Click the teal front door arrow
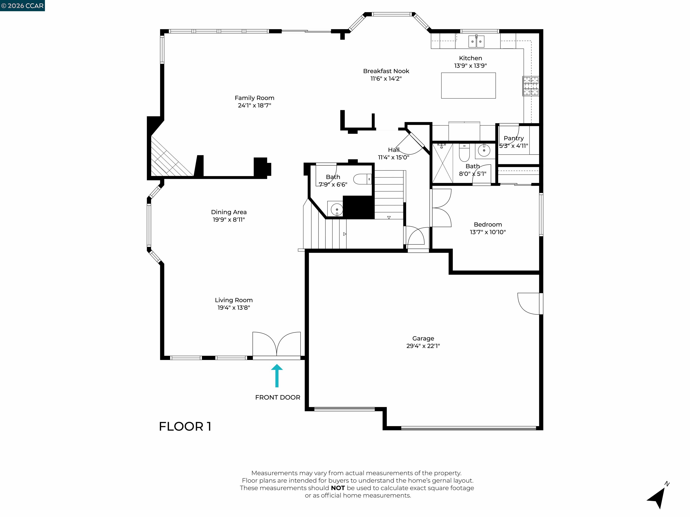pyautogui.click(x=277, y=375)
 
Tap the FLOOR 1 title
pyautogui.click(x=185, y=426)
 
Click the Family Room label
pyautogui.click(x=254, y=98)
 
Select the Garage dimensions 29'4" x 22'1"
pyautogui.click(x=423, y=346)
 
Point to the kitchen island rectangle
pyautogui.click(x=468, y=85)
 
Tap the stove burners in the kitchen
pyautogui.click(x=531, y=86)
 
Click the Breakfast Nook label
pyautogui.click(x=386, y=71)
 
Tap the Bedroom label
pyautogui.click(x=488, y=224)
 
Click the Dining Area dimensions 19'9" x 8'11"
pyautogui.click(x=229, y=220)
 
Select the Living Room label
pyautogui.click(x=234, y=300)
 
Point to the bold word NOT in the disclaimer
pyautogui.click(x=338, y=488)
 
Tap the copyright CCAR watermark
pyautogui.click(x=22, y=6)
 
